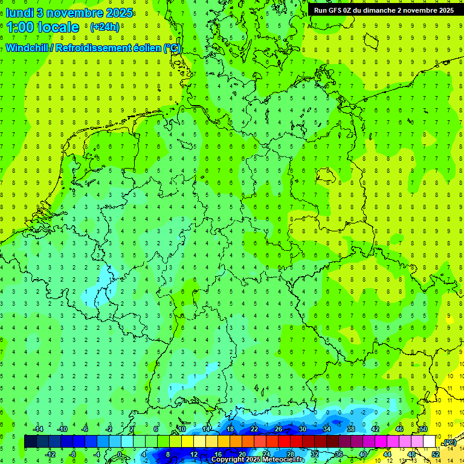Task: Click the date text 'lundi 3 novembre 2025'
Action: pos(69,12)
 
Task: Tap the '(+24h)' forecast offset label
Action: pos(105,27)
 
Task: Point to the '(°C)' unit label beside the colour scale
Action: pos(448,443)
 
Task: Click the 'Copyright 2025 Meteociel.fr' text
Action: pos(257,459)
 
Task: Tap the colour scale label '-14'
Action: pos(38,429)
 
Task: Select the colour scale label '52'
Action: pos(436,454)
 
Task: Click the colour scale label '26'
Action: pos(278,429)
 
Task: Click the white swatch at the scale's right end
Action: pos(430,442)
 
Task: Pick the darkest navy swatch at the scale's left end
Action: pos(30,442)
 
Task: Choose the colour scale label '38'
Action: pos(350,429)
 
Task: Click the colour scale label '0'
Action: pos(121,454)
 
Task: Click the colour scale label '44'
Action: pos(387,454)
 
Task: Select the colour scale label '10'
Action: pos(182,429)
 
